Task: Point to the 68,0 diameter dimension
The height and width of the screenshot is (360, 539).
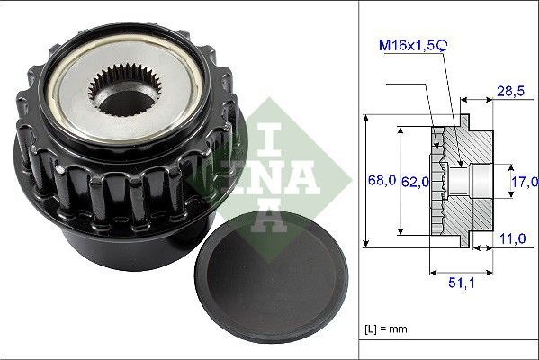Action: (383, 180)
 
